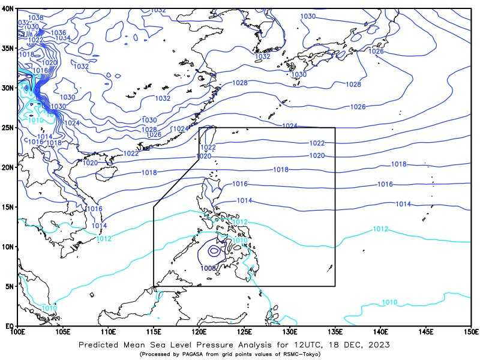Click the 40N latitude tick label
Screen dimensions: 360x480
coord(8,9)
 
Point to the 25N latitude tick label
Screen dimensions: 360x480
coord(8,127)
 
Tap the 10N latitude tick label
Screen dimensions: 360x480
coord(8,247)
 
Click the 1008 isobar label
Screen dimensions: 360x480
coord(209,268)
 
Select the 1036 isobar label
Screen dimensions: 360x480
coord(58,33)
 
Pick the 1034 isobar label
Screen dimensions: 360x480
coord(63,38)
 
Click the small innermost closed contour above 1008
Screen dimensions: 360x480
coord(214,251)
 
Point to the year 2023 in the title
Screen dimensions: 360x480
coord(378,345)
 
